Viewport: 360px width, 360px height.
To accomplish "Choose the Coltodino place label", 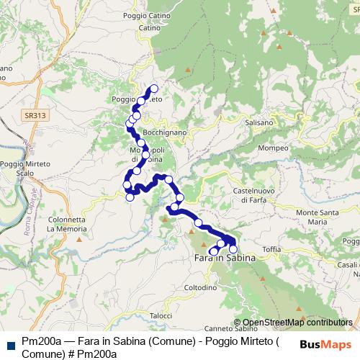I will pyautogui.click(x=200, y=287).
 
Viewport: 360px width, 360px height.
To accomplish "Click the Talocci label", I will pyautogui.click(x=161, y=315).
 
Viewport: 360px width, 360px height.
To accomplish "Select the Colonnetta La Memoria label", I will pyautogui.click(x=67, y=224).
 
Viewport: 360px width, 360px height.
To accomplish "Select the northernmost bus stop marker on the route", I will pyautogui.click(x=153, y=89).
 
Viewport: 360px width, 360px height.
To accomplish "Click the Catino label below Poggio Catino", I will pyautogui.click(x=149, y=28).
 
